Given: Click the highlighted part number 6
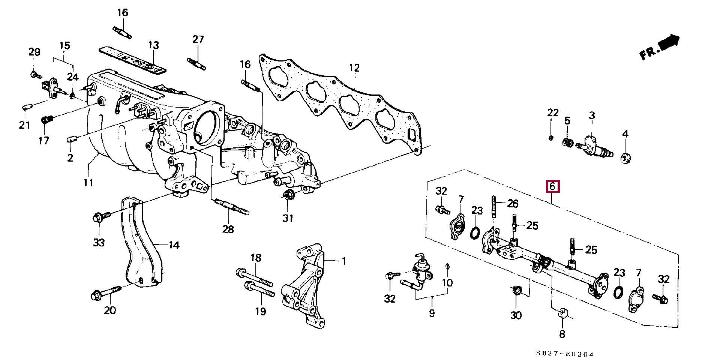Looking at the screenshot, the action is click(552, 186).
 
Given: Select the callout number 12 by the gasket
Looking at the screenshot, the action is click(354, 68).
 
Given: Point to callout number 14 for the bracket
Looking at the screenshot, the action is click(174, 245).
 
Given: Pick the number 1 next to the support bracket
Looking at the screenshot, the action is click(344, 261).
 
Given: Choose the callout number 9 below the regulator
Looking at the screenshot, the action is click(432, 313).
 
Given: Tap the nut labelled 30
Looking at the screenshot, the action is click(516, 291).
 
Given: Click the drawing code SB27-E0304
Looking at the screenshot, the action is click(564, 354).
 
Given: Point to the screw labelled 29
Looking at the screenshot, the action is click(35, 75).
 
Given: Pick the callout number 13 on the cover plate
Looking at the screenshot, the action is click(154, 45).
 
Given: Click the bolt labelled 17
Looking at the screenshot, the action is click(46, 120).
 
